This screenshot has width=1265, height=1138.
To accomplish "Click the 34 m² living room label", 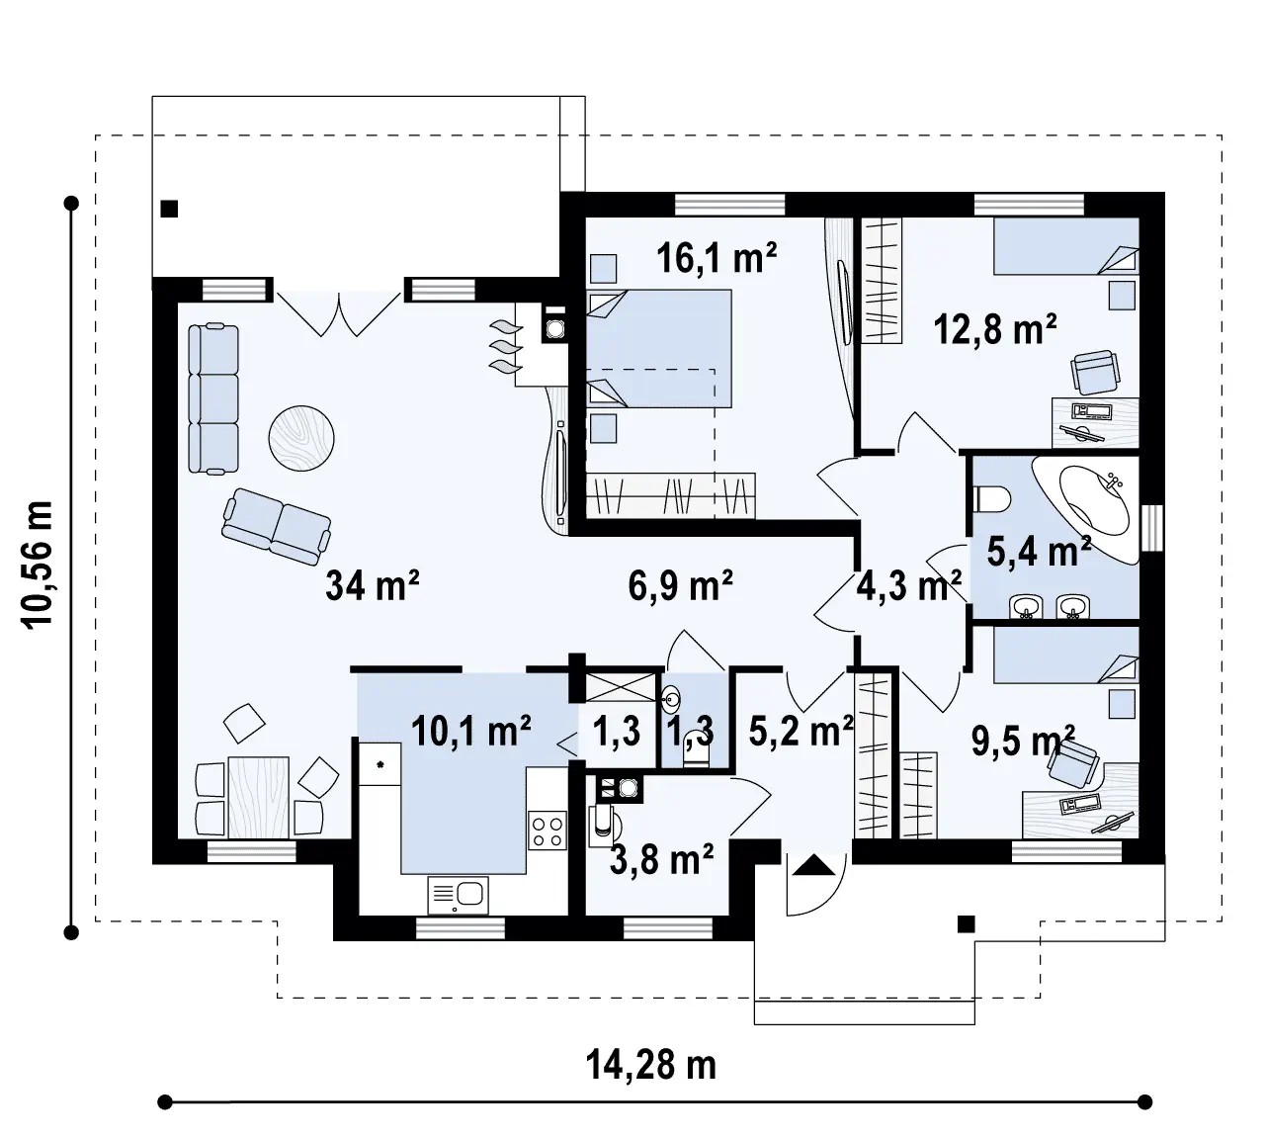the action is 372,585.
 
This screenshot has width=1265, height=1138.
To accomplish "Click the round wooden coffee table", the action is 301,437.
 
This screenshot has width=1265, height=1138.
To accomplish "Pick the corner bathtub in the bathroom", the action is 1086,509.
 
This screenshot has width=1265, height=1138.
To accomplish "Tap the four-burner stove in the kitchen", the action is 548,832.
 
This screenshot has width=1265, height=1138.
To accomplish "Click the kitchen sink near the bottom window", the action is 458,895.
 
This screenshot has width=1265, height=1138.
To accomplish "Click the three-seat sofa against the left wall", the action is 213,398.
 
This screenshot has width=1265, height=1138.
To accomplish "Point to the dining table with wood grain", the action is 259,798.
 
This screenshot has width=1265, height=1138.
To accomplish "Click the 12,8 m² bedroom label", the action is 994,329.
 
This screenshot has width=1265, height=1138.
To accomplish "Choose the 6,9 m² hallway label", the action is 680,585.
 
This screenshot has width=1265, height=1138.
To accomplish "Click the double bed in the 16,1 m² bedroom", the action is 659,348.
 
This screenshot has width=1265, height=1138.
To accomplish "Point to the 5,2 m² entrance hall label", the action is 801,731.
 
